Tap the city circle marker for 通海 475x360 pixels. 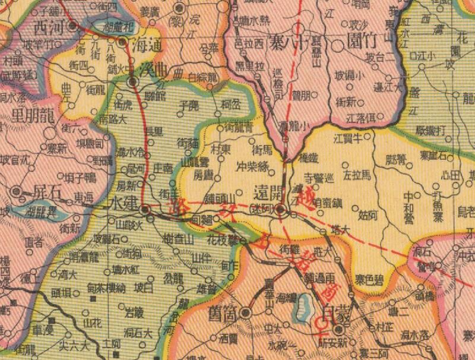[x=122, y=42]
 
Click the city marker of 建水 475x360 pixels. [x=144, y=209]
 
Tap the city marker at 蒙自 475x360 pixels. [x=339, y=329]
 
